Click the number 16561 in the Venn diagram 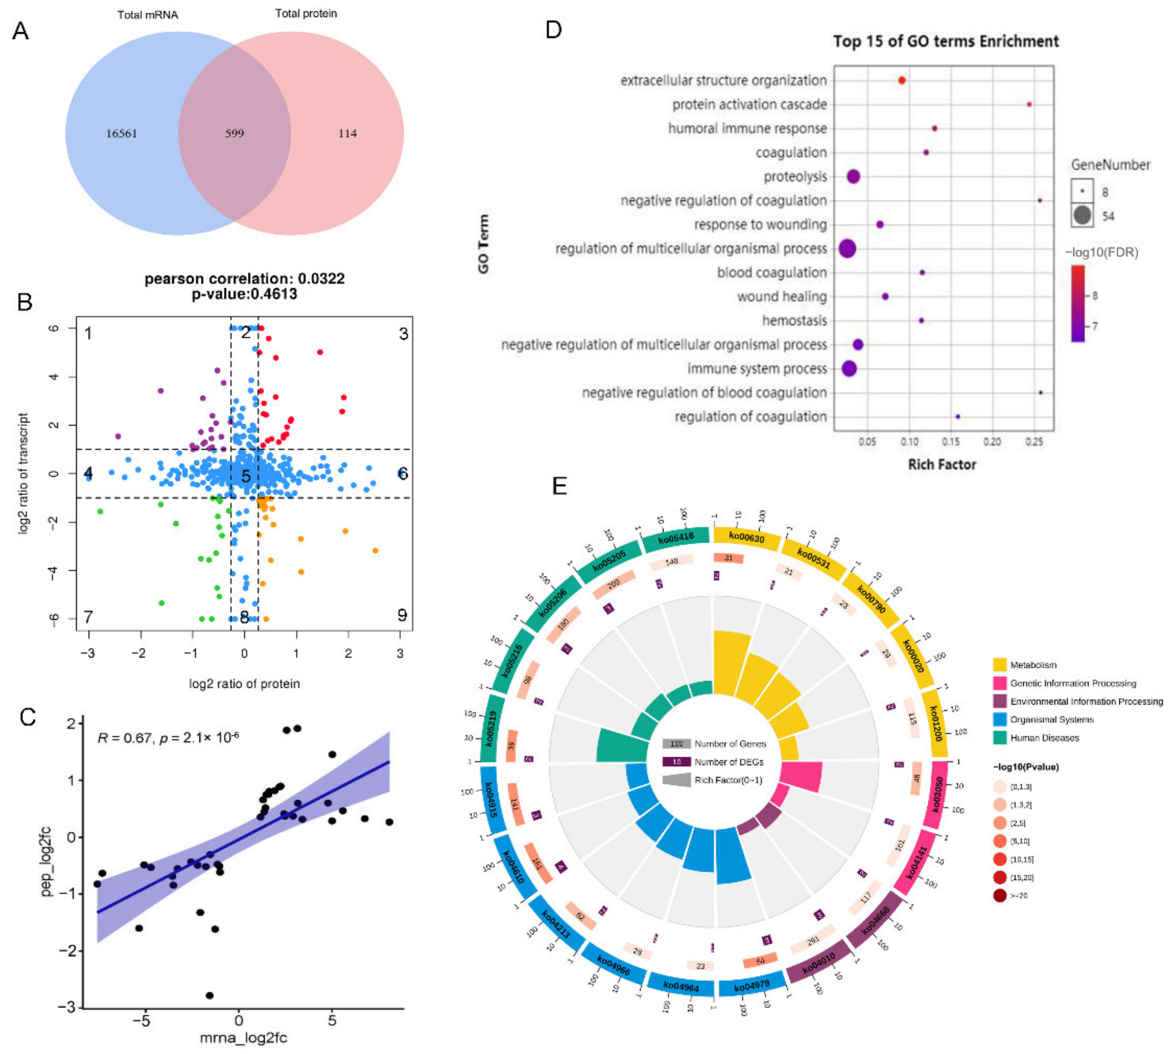[x=122, y=134]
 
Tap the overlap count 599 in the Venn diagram [x=234, y=134]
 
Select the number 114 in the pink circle [x=347, y=134]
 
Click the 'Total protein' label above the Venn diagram [x=306, y=13]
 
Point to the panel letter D [x=554, y=29]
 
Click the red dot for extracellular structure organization [x=902, y=80]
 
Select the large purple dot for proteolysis [x=853, y=176]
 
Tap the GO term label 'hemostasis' [x=794, y=320]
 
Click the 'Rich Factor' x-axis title [x=942, y=464]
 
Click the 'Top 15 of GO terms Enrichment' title [x=946, y=42]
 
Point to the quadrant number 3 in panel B [x=404, y=334]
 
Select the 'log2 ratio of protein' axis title [x=244, y=684]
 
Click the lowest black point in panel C [x=209, y=995]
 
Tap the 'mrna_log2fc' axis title [x=244, y=1037]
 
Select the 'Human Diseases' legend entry [x=1044, y=738]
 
